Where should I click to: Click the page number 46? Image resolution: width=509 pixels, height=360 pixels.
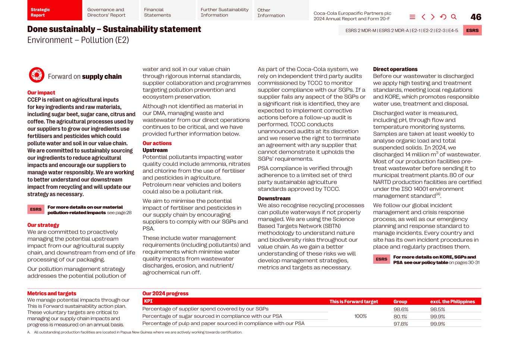pyautogui.click(x=476, y=17)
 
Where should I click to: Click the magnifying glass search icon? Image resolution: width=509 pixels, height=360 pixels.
pyautogui.click(x=454, y=17)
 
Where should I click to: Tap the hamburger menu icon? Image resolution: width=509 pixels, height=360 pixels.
pyautogui.click(x=412, y=17)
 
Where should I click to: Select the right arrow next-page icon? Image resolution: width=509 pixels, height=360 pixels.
pyautogui.click(x=433, y=17)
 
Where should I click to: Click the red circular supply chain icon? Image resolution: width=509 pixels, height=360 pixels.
pyautogui.click(x=37, y=75)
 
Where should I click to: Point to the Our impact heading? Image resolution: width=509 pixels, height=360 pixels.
pyautogui.click(x=41, y=93)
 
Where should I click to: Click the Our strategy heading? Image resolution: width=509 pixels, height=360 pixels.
pyautogui.click(x=43, y=225)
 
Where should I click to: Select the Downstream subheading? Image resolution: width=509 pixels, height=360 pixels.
pyautogui.click(x=274, y=198)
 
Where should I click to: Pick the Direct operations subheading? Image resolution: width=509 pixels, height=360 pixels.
pyautogui.click(x=395, y=69)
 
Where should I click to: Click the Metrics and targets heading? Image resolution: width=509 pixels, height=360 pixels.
pyautogui.click(x=51, y=294)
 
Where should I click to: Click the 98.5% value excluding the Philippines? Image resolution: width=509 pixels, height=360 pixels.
pyautogui.click(x=437, y=309)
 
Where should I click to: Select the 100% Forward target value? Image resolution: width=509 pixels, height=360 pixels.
pyautogui.click(x=360, y=316)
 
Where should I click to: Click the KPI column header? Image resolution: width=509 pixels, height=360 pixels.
pyautogui.click(x=148, y=301)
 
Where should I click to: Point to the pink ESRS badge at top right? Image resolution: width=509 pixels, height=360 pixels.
pyautogui.click(x=472, y=31)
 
